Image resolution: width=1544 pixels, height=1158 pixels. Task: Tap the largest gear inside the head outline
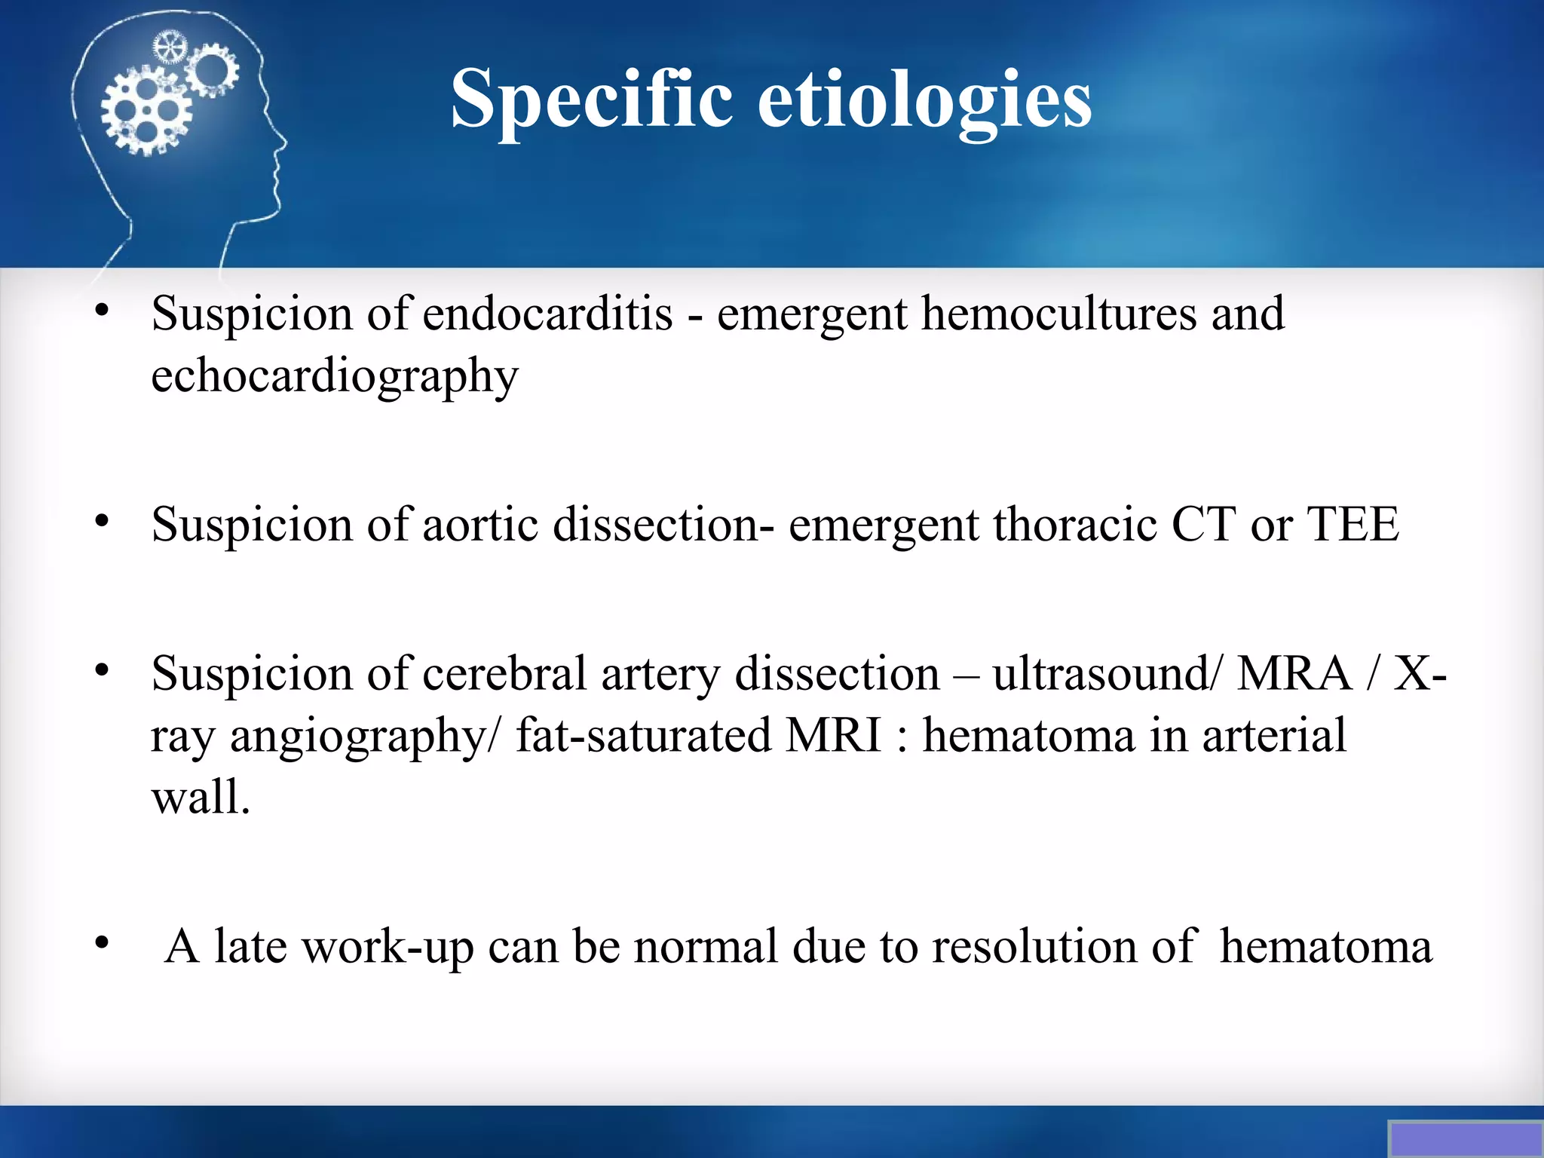(146, 111)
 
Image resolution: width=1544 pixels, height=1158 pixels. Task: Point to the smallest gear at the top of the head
(169, 47)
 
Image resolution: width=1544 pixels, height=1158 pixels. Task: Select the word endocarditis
(547, 314)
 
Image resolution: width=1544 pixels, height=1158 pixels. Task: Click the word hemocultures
(1058, 314)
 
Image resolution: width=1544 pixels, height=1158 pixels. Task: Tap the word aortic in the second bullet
(480, 525)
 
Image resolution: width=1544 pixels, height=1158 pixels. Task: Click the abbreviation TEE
(1353, 525)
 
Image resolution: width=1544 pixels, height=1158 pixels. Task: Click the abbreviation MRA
(1294, 673)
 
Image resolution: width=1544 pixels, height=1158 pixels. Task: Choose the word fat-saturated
(643, 736)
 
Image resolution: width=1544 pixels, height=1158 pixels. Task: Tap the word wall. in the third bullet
(200, 798)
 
